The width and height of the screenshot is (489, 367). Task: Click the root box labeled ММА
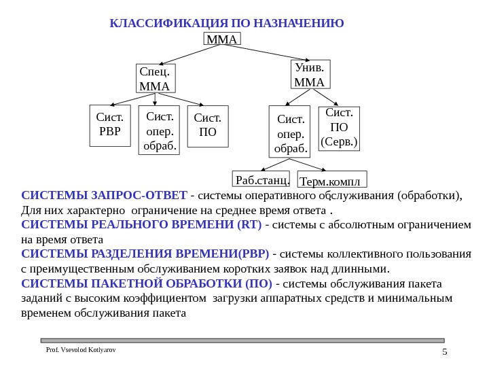pos(222,39)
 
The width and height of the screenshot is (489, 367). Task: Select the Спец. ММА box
pos(156,78)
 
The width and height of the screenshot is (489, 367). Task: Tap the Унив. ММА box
pos(310,75)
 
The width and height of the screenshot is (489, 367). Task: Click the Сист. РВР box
pos(109,125)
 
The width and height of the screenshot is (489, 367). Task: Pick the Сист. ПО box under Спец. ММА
pos(207,125)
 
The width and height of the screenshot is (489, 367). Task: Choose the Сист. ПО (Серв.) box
pos(339,128)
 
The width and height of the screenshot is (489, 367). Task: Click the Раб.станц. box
pos(261,179)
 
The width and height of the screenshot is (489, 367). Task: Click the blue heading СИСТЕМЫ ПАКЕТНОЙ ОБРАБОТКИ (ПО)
pos(146,283)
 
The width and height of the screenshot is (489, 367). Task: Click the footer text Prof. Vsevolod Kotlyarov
pos(80,349)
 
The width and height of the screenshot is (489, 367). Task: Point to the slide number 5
pos(444,351)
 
